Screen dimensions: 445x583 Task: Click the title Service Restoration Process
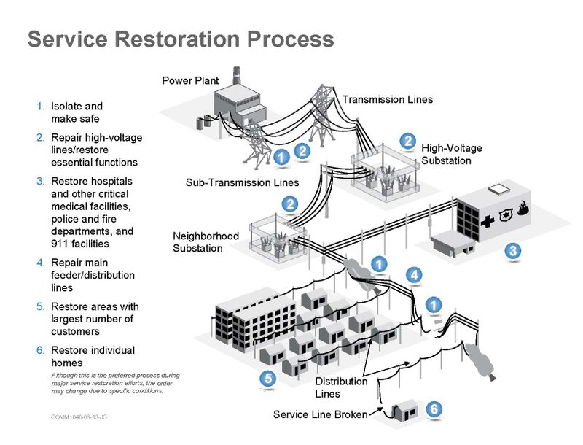(180, 39)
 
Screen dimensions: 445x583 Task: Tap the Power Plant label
(190, 80)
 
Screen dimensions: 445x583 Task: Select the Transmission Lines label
(387, 99)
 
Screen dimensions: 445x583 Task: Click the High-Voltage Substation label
(451, 154)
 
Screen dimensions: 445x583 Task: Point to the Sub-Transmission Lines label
(242, 182)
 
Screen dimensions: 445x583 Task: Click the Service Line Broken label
(320, 414)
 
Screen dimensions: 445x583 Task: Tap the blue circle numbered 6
(434, 409)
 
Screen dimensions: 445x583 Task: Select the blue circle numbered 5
(268, 378)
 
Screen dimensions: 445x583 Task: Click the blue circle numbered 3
(513, 251)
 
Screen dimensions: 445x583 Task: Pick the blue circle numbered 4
(414, 275)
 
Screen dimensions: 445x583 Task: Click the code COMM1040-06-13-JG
(79, 417)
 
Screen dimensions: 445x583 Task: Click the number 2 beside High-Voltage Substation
(409, 140)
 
